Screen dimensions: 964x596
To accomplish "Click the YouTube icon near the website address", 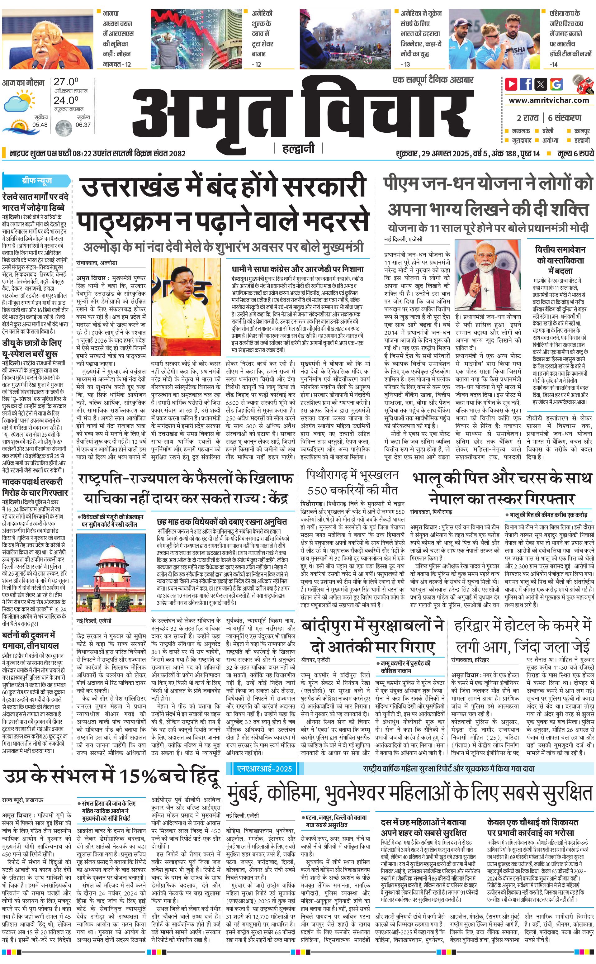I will [x=511, y=84].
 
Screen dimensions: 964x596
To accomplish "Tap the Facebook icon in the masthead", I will [x=526, y=84].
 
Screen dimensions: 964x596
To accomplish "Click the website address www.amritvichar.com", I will [x=549, y=100].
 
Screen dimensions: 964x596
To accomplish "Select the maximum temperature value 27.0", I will [x=66, y=82].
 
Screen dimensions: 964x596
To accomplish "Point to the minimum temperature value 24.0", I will [x=66, y=100].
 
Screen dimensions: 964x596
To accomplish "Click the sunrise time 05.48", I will [x=40, y=125].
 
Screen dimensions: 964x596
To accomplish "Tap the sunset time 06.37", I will [x=83, y=125].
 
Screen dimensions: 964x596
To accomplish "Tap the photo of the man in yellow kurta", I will [x=186, y=307].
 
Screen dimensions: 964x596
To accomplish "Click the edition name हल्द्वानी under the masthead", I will [x=298, y=149].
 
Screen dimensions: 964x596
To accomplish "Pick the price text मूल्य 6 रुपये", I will [x=575, y=153].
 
